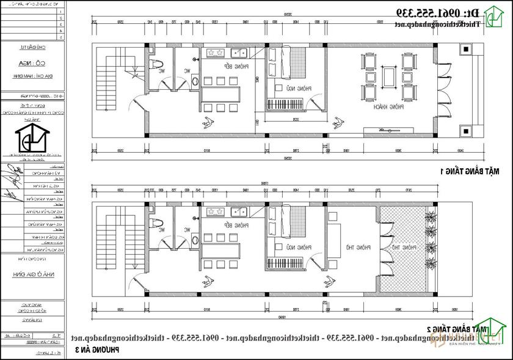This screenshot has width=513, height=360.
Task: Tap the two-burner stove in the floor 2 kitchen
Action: [x=215, y=212]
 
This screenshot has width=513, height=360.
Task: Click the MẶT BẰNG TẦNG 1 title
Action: [x=475, y=172]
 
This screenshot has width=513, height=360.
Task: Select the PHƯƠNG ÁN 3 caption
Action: [x=98, y=350]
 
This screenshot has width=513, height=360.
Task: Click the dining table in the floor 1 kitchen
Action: [x=221, y=94]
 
